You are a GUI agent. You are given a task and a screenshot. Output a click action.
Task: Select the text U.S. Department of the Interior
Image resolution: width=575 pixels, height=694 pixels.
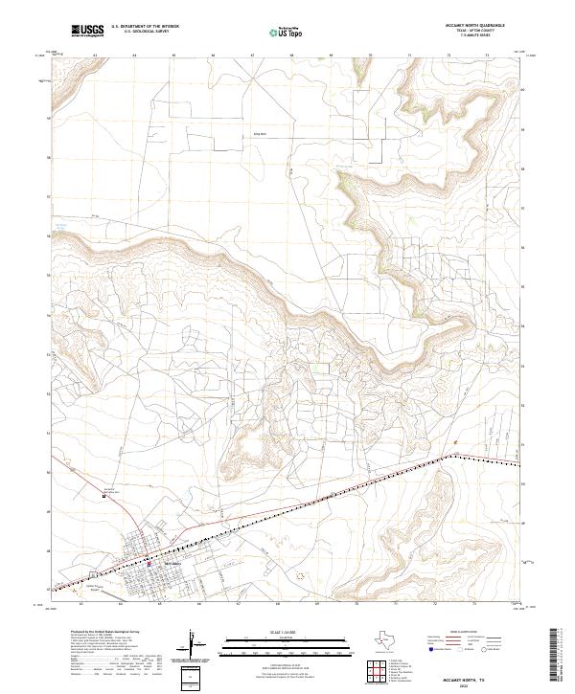point(145,28)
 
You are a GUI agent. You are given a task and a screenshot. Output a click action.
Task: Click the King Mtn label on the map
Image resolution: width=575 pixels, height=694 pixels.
point(258,134)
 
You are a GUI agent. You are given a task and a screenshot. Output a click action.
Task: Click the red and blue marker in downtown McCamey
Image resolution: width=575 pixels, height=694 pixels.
point(149,564)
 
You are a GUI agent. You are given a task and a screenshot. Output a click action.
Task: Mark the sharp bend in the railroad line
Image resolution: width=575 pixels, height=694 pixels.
point(447,457)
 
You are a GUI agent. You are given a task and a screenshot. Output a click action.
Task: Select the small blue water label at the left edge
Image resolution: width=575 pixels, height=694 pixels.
point(61,226)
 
